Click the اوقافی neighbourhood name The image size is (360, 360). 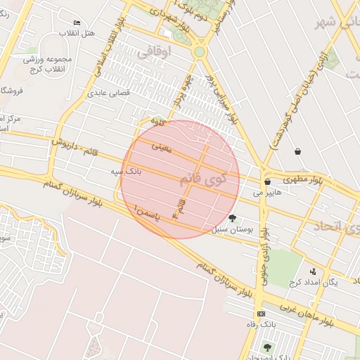point(154,51)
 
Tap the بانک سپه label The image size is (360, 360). point(127,171)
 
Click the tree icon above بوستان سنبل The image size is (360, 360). point(233,218)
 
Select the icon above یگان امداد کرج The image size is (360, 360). point(313,271)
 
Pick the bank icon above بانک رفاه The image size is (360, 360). point(261,314)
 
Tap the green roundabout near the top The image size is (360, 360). point(200,51)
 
